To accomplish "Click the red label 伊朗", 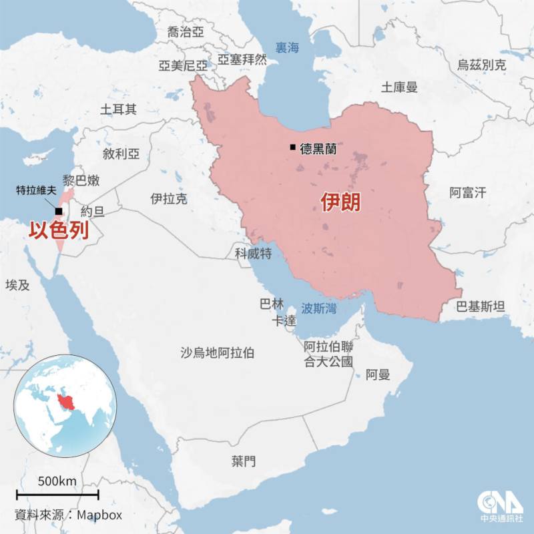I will click(340, 203).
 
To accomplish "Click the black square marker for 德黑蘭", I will click(292, 148).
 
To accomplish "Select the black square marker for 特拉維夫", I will click(59, 212).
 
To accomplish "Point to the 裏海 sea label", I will click(288, 47).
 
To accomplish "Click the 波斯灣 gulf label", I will click(318, 308).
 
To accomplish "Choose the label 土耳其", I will click(118, 109).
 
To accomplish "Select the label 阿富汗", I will click(467, 193).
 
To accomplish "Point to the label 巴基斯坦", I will click(481, 306).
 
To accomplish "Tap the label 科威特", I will click(253, 253).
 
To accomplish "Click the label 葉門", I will click(244, 461).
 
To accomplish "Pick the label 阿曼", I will click(378, 374).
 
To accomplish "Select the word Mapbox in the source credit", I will click(99, 515).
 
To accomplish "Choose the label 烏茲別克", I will click(481, 65).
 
